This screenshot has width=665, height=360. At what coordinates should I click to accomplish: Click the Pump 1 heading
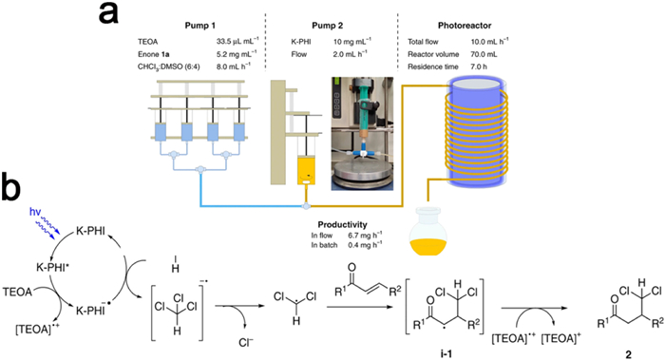(x=199, y=26)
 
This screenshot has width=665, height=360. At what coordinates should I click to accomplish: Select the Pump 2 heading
(x=328, y=26)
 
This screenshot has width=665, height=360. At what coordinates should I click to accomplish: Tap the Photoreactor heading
(x=465, y=26)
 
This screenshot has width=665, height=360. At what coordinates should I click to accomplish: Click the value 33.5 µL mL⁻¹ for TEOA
(x=237, y=41)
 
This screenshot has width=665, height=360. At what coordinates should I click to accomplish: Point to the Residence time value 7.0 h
(x=480, y=66)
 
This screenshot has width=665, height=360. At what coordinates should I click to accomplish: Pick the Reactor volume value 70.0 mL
(x=484, y=54)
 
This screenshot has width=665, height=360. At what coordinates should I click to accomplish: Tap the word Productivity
(x=342, y=225)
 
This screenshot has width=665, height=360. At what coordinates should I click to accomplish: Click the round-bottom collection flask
(x=427, y=230)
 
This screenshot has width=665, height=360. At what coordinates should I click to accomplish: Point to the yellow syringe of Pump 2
(x=306, y=170)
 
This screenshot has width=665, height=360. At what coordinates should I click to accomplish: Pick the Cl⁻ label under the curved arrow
(x=246, y=342)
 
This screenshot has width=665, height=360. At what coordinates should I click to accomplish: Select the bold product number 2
(x=628, y=354)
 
